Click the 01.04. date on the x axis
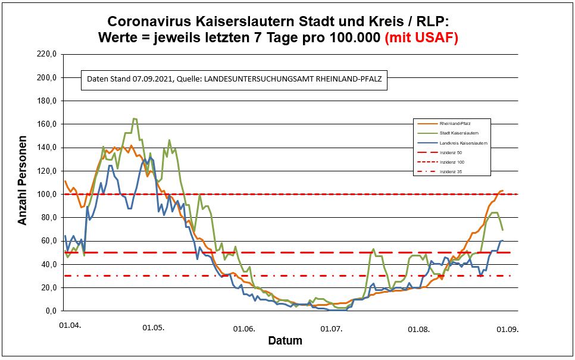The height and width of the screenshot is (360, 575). pos(69,327)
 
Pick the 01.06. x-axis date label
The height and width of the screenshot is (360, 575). pos(244,328)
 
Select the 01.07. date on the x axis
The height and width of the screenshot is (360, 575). pos(332,328)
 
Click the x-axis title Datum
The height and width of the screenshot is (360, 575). pos(285,341)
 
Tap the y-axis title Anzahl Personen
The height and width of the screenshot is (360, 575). pos(23,183)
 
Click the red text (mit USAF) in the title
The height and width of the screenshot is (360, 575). pos(421,37)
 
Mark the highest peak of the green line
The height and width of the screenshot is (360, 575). pos(135,118)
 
